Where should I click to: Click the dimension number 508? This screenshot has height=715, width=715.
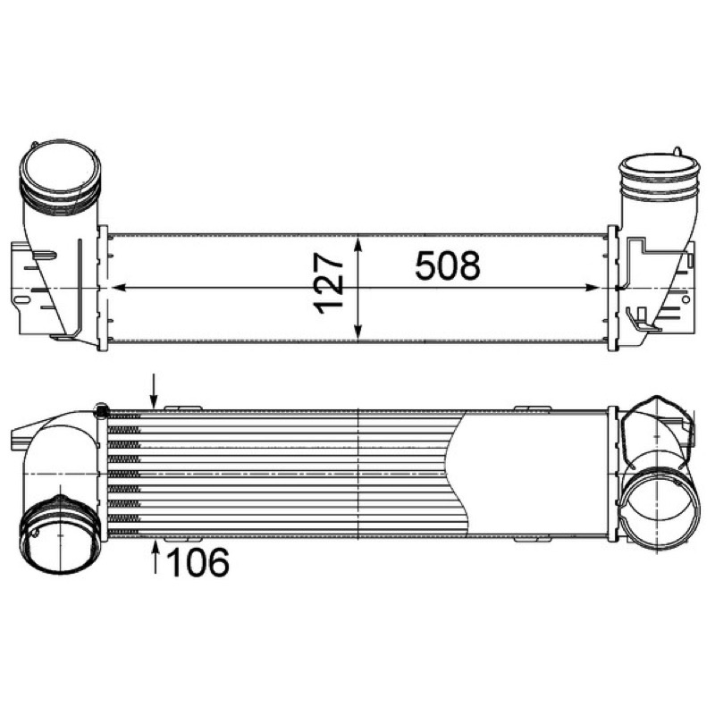pos(448,265)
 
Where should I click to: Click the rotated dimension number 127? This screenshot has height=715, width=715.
pos(328,284)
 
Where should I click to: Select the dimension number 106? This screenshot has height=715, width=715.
pos(198,562)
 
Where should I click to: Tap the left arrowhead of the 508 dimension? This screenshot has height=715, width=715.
pos(119,288)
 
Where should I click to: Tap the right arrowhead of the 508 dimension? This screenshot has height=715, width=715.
pos(592,288)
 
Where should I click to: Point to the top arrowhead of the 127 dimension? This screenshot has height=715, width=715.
pos(358,244)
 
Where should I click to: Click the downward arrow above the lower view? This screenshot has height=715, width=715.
pos(155,391)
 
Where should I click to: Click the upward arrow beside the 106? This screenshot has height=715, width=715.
pos(156,556)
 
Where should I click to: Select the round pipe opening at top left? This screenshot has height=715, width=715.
pos(59,171)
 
